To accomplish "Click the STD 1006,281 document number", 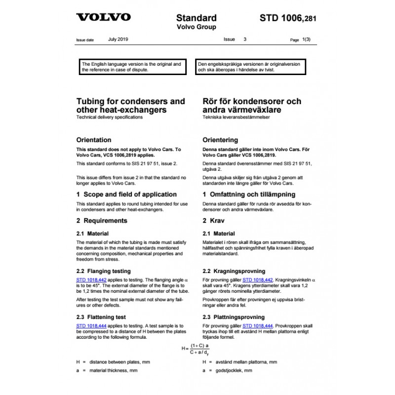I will pyautogui.click(x=288, y=19).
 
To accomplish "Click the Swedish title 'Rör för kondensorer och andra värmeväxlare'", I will pyautogui.click(x=252, y=105).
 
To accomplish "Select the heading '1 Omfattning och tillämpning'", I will pyautogui.click(x=249, y=195).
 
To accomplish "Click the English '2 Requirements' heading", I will pyautogui.click(x=102, y=221).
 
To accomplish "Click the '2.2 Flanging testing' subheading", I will pyautogui.click(x=104, y=271).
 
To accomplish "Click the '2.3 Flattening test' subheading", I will pyautogui.click(x=101, y=317).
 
